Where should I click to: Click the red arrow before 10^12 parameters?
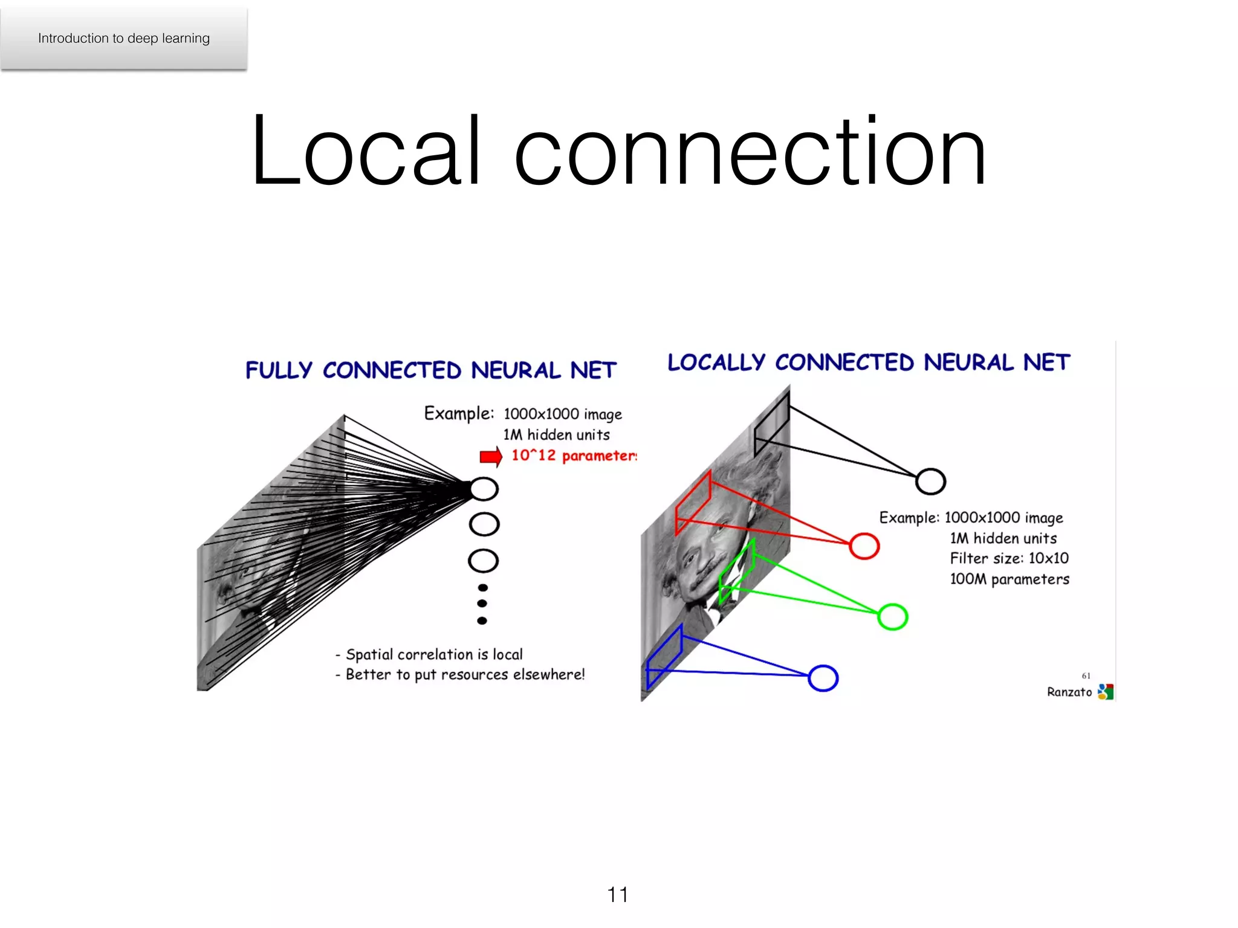pyautogui.click(x=491, y=456)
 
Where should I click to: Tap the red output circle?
pyautogui.click(x=864, y=546)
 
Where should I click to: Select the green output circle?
pyautogui.click(x=892, y=617)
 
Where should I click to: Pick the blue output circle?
pyautogui.click(x=823, y=678)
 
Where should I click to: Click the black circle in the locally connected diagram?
pyautogui.click(x=930, y=482)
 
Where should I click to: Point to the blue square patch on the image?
pyautogui.click(x=664, y=657)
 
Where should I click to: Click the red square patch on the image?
pyautogui.click(x=693, y=503)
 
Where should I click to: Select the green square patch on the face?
pyautogui.click(x=736, y=571)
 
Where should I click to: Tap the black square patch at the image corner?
pyautogui.click(x=772, y=424)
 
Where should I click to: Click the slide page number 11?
pyautogui.click(x=618, y=894)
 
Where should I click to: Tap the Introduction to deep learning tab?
pyautogui.click(x=124, y=38)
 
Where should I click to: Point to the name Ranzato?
pyautogui.click(x=1069, y=692)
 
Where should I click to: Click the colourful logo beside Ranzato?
pyautogui.click(x=1105, y=692)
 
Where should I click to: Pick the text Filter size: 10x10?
pyautogui.click(x=1009, y=558)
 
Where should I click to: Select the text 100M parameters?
pyautogui.click(x=1009, y=579)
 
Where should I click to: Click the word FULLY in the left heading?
pyautogui.click(x=279, y=370)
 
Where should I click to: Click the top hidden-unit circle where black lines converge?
pyautogui.click(x=484, y=488)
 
